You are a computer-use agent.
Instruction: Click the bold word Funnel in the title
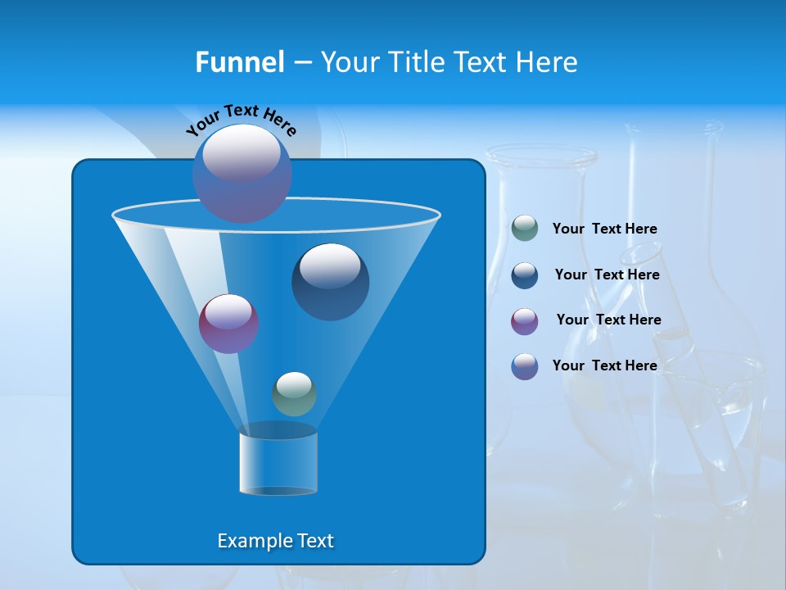coord(239,61)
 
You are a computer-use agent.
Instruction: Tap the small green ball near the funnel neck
coord(294,394)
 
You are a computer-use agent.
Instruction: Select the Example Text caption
coord(275,541)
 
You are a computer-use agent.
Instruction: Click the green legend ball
coord(525,229)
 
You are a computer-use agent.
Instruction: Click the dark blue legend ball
coord(525,275)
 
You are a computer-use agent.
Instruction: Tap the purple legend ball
coord(525,321)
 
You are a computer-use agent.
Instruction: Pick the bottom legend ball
coord(525,366)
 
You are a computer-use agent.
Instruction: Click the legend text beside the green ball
coord(604,229)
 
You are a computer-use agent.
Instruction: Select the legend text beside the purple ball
coord(608,320)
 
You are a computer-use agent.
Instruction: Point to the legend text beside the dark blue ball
coord(607,275)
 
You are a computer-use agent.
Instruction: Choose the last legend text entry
coord(604,365)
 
